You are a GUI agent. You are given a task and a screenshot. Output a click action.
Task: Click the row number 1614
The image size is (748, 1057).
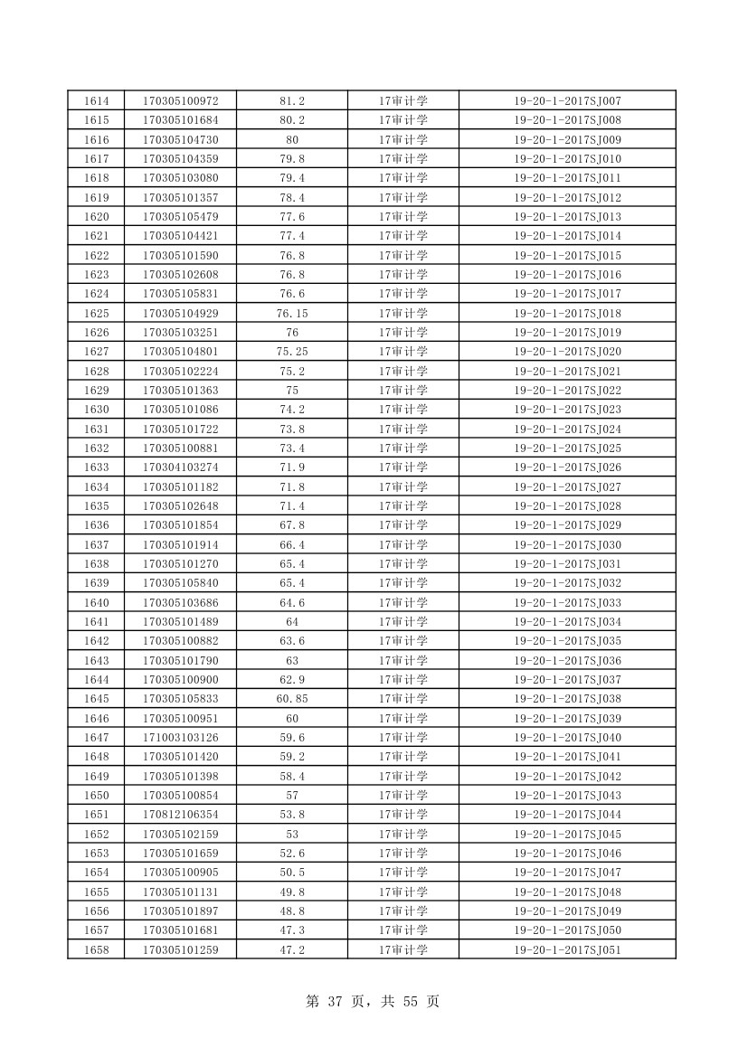(96, 100)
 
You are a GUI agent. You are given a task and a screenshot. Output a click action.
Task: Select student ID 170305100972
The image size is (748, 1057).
(180, 100)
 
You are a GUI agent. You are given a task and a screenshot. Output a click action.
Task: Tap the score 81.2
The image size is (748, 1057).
(292, 100)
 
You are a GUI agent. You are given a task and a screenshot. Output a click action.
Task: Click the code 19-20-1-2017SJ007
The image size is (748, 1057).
(567, 100)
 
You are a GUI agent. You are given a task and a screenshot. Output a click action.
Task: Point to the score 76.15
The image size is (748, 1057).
(292, 313)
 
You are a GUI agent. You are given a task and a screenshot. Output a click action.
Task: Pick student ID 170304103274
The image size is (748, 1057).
(180, 467)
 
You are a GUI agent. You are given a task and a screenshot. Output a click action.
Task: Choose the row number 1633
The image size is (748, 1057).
(96, 467)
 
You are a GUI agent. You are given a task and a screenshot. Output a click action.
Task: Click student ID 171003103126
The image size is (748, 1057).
(180, 738)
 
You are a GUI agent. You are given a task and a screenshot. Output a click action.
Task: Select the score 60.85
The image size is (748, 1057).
(292, 699)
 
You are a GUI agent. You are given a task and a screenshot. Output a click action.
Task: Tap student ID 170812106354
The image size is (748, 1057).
(180, 815)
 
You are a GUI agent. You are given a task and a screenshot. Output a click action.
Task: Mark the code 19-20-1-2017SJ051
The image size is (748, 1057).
(567, 949)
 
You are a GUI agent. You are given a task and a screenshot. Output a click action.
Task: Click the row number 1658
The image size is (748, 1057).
(96, 949)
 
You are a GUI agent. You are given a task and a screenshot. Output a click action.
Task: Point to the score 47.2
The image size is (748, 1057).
(292, 949)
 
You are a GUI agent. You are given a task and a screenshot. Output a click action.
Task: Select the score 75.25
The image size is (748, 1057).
(292, 352)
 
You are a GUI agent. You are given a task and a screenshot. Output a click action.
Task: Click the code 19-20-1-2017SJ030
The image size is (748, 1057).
(567, 544)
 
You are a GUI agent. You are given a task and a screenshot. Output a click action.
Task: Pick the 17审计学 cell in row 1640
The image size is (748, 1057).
(403, 602)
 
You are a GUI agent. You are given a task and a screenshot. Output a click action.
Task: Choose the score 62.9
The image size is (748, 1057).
(292, 680)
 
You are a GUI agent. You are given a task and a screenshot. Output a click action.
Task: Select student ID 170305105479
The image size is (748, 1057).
(180, 216)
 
